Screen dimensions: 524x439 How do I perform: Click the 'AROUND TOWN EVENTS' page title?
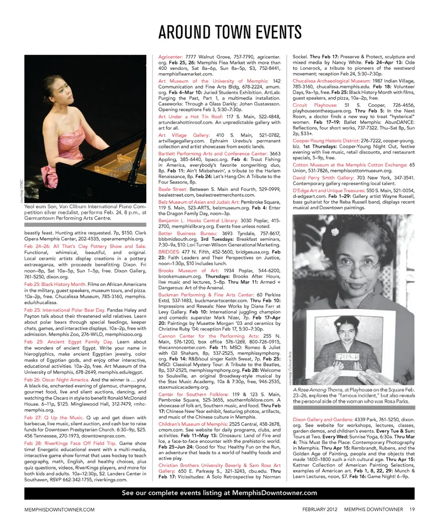(230, 32)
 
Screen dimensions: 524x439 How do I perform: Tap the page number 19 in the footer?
(412, 509)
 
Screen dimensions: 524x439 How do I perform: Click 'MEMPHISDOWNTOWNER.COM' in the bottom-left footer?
(59, 509)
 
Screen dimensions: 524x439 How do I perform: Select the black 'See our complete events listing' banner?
(219, 493)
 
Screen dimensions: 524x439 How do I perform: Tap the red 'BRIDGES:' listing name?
(169, 252)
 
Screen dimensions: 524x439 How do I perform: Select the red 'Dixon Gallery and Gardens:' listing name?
(323, 419)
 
